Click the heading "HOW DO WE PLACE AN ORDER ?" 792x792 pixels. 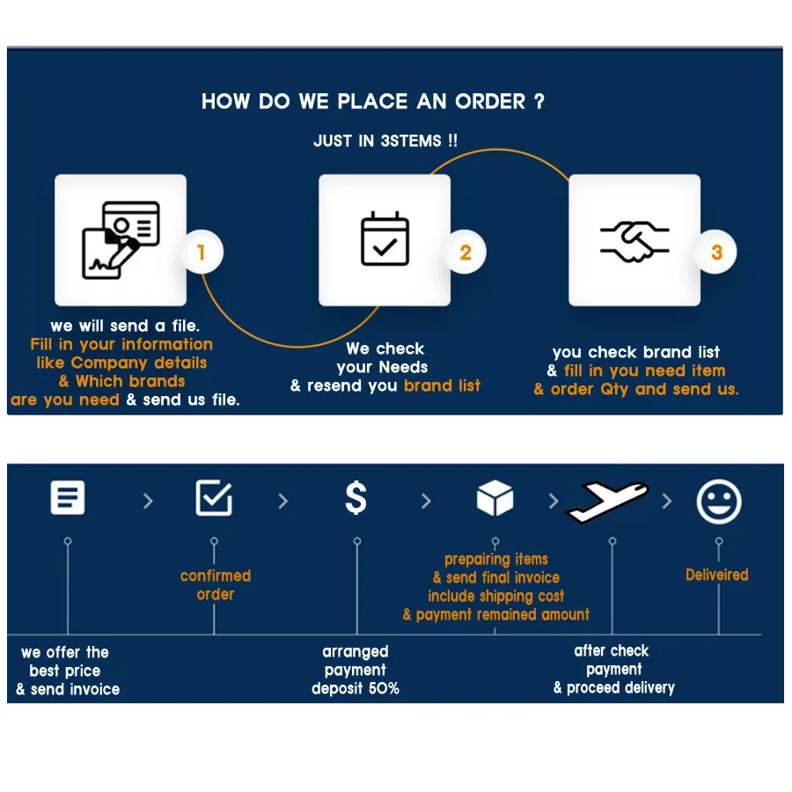(x=373, y=101)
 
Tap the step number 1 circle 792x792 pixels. (x=202, y=253)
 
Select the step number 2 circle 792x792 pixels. (x=466, y=253)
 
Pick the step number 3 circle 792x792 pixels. (x=716, y=253)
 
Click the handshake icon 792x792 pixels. (x=634, y=240)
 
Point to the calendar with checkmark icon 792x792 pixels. (x=385, y=239)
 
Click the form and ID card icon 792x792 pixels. (x=121, y=240)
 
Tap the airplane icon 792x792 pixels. (x=607, y=500)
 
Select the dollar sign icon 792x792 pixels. (x=356, y=499)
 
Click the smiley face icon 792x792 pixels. (x=719, y=502)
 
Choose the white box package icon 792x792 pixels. (x=495, y=499)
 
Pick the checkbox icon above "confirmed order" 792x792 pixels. (x=214, y=498)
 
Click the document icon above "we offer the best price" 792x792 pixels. (x=68, y=497)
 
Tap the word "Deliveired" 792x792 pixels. (x=717, y=575)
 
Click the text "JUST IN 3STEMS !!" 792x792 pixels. (x=385, y=141)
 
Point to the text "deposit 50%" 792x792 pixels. (x=356, y=688)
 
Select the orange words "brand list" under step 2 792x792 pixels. (x=442, y=385)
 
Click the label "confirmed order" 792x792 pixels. (x=216, y=585)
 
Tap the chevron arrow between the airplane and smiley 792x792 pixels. (x=667, y=501)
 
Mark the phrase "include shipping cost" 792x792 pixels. (x=496, y=596)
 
